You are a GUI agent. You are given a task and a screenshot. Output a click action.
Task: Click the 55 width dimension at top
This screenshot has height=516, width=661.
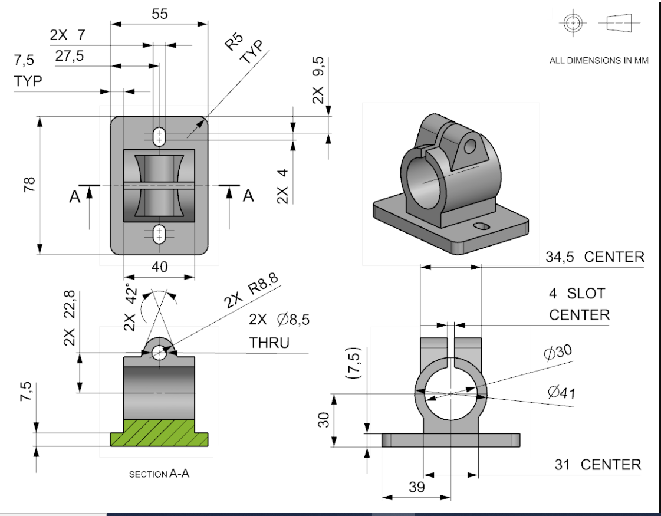(x=159, y=14)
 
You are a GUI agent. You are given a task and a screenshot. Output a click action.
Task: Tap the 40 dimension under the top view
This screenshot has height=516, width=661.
(x=159, y=267)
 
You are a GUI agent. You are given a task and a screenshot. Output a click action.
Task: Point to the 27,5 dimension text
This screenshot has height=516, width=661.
(x=70, y=56)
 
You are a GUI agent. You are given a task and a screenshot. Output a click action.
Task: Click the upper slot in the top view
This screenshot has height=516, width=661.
(x=159, y=137)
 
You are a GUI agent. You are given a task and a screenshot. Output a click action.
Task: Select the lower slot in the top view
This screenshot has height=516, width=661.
(x=159, y=234)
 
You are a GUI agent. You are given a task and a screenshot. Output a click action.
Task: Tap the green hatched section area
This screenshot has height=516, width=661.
(x=159, y=433)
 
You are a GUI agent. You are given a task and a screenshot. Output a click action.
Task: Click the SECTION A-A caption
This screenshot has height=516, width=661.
(x=159, y=474)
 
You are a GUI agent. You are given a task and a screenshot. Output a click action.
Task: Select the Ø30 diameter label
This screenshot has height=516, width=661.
(x=557, y=353)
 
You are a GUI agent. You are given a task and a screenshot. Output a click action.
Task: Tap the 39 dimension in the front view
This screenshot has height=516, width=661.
(x=416, y=487)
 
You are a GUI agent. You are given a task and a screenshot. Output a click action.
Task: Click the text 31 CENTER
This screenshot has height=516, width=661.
(x=597, y=465)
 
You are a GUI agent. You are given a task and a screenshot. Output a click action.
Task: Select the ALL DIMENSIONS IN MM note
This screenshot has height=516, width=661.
(x=598, y=60)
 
